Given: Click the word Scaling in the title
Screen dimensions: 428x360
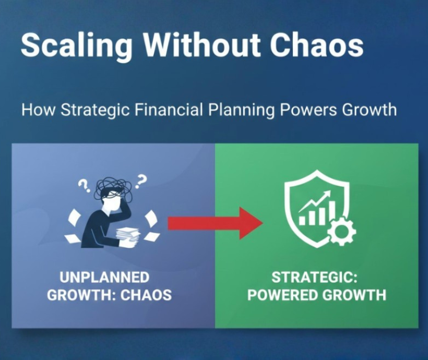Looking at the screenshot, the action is pos(76,45).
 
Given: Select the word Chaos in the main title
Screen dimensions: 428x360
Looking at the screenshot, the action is pos(317,44).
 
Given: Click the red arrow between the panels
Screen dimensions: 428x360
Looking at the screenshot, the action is pos(216,223).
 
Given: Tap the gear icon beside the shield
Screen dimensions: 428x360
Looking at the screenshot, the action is pos(341,231).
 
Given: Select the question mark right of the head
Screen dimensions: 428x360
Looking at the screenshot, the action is pos(140,182).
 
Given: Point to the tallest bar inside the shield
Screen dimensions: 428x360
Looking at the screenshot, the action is pos(332,212).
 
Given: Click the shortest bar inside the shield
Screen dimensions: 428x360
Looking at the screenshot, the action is pos(302,220).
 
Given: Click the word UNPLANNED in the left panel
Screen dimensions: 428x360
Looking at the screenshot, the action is pos(104,278).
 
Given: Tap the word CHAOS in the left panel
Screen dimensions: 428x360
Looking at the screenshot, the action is pos(146,295).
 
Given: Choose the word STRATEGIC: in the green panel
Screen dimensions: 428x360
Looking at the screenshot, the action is pos(314,278).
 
